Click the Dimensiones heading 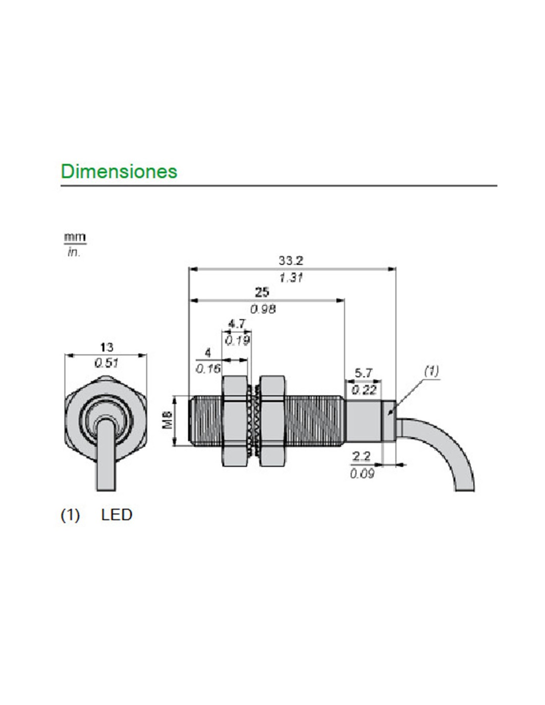[119, 171]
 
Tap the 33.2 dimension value [291, 260]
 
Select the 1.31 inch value [291, 277]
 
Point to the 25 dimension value [262, 292]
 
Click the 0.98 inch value [263, 309]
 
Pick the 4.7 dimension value [237, 324]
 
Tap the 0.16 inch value [208, 368]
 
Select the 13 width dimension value [106, 347]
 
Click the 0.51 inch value [106, 363]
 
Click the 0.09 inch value [362, 473]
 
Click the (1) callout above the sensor [432, 370]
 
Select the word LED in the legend [116, 515]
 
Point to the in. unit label [74, 252]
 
